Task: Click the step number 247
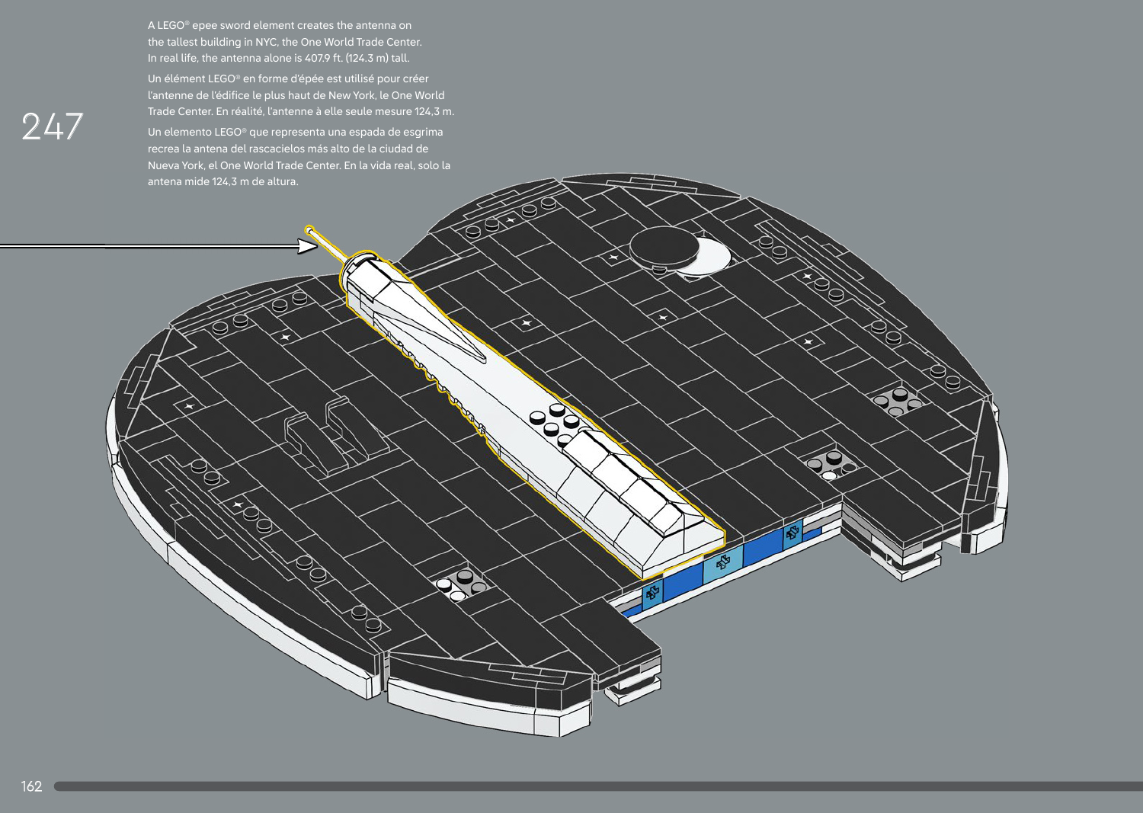(52, 126)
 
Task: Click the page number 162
(31, 786)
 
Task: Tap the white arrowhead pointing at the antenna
(307, 247)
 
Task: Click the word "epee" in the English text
(203, 26)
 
